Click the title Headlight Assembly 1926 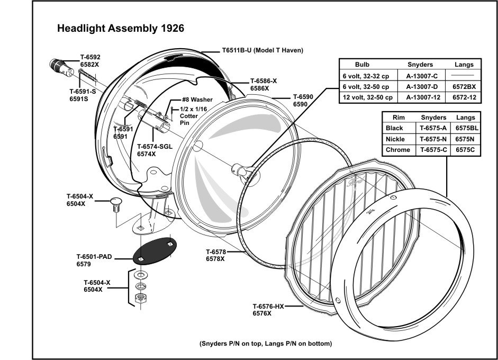pyautogui.click(x=120, y=29)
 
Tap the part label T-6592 pyautogui.click(x=90, y=57)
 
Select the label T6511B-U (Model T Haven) pyautogui.click(x=262, y=51)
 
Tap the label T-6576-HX pyautogui.click(x=268, y=307)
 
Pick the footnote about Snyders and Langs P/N pyautogui.click(x=266, y=344)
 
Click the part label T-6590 pyautogui.click(x=303, y=97)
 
